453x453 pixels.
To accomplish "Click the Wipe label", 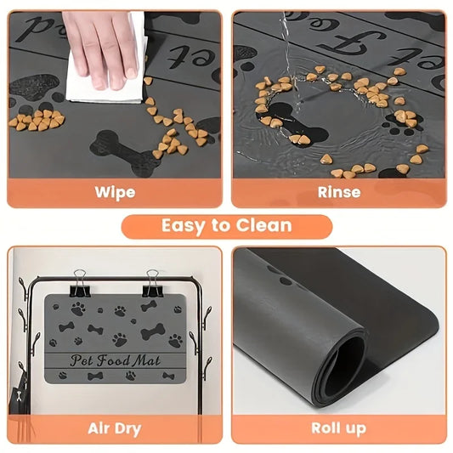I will coord(115,192).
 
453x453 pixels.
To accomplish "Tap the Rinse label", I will coord(339,192).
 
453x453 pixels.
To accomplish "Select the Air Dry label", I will coord(115,428).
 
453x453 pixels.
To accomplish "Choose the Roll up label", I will coord(339,428).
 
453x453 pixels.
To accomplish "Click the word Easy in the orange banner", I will coord(184,226).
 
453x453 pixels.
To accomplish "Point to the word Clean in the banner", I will coord(263,226).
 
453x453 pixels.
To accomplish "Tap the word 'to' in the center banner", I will coord(221,226).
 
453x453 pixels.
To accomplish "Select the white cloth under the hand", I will coord(106,81).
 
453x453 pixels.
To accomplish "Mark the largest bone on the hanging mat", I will coord(153,331).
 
